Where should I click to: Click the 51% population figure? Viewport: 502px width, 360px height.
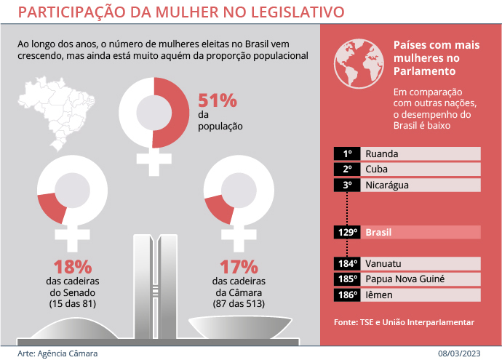tap(217, 100)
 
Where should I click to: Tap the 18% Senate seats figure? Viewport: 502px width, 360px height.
tap(72, 266)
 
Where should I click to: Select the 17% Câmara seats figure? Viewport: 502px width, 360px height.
tap(239, 266)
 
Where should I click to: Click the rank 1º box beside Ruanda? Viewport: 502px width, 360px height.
tap(347, 153)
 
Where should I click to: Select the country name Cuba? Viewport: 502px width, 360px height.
tap(376, 169)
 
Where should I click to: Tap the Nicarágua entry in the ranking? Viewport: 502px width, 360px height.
tap(386, 185)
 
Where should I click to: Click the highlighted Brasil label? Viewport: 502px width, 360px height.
tap(378, 233)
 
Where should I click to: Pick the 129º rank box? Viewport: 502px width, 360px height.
tap(347, 233)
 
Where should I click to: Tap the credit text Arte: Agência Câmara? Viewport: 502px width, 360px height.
tap(57, 353)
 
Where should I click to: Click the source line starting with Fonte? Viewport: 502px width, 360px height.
tap(404, 321)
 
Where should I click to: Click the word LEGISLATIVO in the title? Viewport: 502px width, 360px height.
tap(284, 12)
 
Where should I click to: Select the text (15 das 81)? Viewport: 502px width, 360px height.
tap(72, 303)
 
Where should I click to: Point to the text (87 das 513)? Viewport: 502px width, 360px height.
tap(239, 303)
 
